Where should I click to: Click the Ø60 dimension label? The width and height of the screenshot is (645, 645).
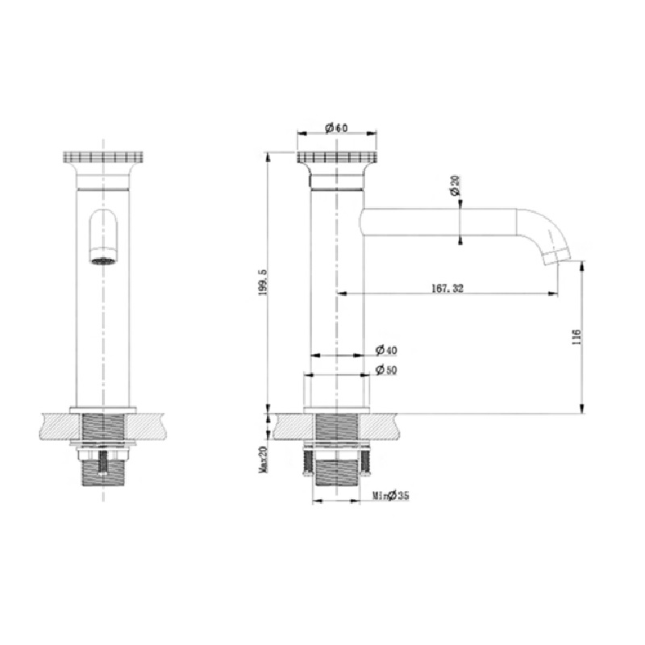pyautogui.click(x=336, y=128)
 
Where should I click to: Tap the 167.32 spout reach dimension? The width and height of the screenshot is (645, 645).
pyautogui.click(x=447, y=288)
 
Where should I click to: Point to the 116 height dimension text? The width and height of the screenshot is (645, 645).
pyautogui.click(x=576, y=336)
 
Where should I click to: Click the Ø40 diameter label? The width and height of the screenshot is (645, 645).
pyautogui.click(x=386, y=350)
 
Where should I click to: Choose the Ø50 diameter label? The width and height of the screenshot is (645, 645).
pyautogui.click(x=386, y=370)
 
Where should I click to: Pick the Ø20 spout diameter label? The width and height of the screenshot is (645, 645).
pyautogui.click(x=454, y=185)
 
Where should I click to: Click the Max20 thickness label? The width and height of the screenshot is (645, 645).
pyautogui.click(x=264, y=459)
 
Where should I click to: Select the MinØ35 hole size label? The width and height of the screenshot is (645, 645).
pyautogui.click(x=391, y=495)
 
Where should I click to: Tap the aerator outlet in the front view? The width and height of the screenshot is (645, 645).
pyautogui.click(x=103, y=260)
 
